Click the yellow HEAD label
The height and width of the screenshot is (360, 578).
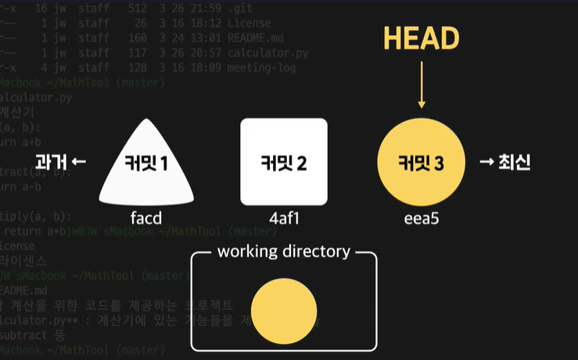click(x=421, y=38)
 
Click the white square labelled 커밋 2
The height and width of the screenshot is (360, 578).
click(x=283, y=163)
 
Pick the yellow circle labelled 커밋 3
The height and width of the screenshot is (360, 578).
click(x=421, y=163)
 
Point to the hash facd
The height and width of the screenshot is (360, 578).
click(x=146, y=218)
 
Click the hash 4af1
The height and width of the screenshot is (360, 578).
click(x=283, y=218)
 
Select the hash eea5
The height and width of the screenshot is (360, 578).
click(x=421, y=218)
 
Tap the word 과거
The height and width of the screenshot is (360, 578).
click(x=49, y=163)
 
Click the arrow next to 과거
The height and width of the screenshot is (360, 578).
click(x=78, y=163)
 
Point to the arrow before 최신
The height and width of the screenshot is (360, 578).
click(x=486, y=163)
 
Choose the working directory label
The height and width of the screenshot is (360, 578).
click(x=283, y=252)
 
